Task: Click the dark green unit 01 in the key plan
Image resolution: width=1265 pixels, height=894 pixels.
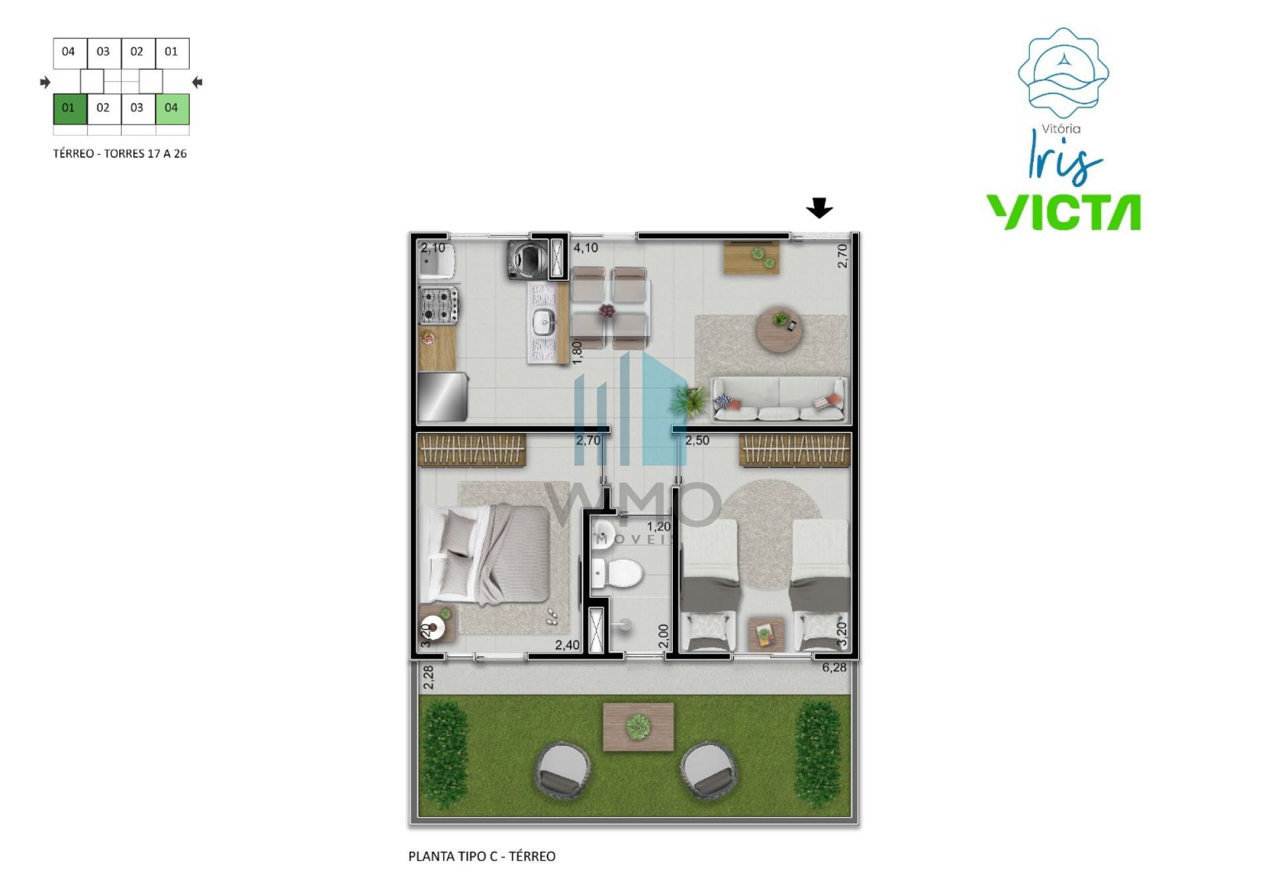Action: pos(70,109)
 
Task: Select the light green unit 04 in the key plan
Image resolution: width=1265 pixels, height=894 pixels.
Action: pos(172,109)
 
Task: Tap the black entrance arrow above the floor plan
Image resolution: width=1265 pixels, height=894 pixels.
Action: pos(819,208)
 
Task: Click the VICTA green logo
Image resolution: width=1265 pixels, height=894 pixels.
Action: pos(1063,212)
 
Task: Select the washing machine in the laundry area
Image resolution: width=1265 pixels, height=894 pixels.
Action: pos(527,260)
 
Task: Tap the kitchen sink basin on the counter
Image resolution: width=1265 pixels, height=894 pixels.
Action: pos(544,323)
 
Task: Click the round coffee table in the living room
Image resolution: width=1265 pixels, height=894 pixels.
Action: pos(779,331)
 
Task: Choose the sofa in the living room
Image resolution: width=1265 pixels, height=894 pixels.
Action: pos(779,399)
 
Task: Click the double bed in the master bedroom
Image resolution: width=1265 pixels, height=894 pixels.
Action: pos(489,554)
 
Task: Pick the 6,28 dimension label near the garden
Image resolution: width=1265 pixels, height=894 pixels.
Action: pos(834,667)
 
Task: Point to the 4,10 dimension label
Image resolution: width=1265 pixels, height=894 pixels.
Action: pos(586,248)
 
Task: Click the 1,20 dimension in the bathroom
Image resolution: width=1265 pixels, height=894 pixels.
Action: pos(659,526)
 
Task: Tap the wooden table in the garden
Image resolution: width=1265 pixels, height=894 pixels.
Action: pos(638,727)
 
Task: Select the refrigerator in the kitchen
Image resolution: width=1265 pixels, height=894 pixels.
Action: pos(443,397)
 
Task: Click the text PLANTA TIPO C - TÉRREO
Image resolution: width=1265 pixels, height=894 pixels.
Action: pos(482,856)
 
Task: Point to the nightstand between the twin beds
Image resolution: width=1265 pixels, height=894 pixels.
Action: pos(766,634)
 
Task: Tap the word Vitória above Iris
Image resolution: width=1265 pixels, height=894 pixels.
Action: pos(1061,129)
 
